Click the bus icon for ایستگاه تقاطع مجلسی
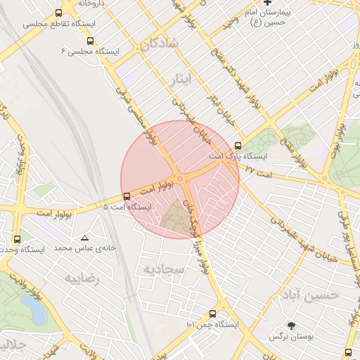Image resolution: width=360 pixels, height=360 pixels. tap(58, 13)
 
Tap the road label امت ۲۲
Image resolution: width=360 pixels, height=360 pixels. tap(255, 172)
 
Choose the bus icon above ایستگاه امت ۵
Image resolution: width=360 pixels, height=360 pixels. tap(127, 196)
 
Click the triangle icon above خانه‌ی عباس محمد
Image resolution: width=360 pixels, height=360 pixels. tap(85, 238)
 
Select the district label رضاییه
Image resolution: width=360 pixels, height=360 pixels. tap(83, 278)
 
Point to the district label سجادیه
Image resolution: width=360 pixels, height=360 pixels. tap(163, 269)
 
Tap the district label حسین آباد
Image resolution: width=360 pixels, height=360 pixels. tap(309, 294)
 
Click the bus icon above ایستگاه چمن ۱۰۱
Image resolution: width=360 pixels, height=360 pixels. tap(212, 314)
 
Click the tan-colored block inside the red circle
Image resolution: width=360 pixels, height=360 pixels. tap(176, 219)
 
